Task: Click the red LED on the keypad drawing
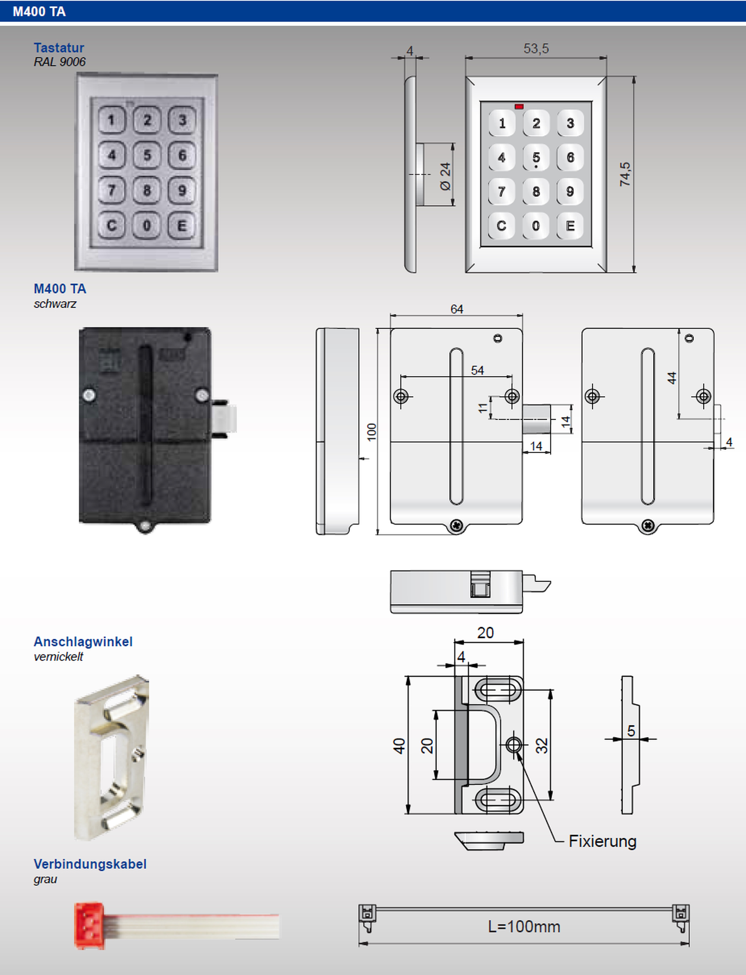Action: click(519, 107)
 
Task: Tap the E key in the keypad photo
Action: click(182, 226)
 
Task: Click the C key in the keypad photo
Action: click(111, 226)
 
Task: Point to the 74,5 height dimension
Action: click(625, 174)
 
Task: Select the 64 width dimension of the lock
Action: click(457, 309)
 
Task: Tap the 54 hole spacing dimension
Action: click(477, 370)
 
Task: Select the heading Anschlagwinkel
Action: click(83, 641)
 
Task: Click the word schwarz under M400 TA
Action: click(55, 304)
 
